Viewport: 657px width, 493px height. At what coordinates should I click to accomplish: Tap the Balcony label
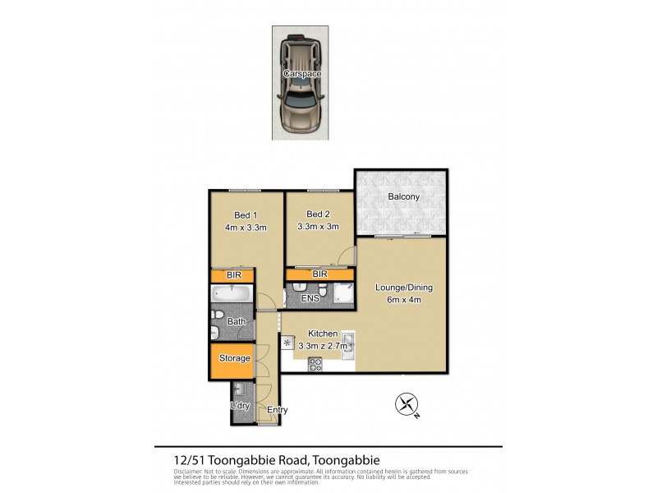(x=403, y=196)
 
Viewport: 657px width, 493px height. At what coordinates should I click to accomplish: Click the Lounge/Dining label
(x=403, y=288)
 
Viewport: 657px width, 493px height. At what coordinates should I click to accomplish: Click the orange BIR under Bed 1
(x=233, y=276)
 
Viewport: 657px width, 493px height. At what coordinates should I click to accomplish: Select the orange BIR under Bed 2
(x=320, y=274)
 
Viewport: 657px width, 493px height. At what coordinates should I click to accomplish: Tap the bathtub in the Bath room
(x=232, y=294)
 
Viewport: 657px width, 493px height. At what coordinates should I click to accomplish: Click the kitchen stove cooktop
(x=315, y=365)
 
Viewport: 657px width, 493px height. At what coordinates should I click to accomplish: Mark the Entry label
(x=278, y=409)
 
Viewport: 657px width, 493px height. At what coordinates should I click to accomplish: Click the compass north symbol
(x=407, y=403)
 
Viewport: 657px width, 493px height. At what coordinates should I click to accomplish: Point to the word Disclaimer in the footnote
(x=191, y=472)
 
